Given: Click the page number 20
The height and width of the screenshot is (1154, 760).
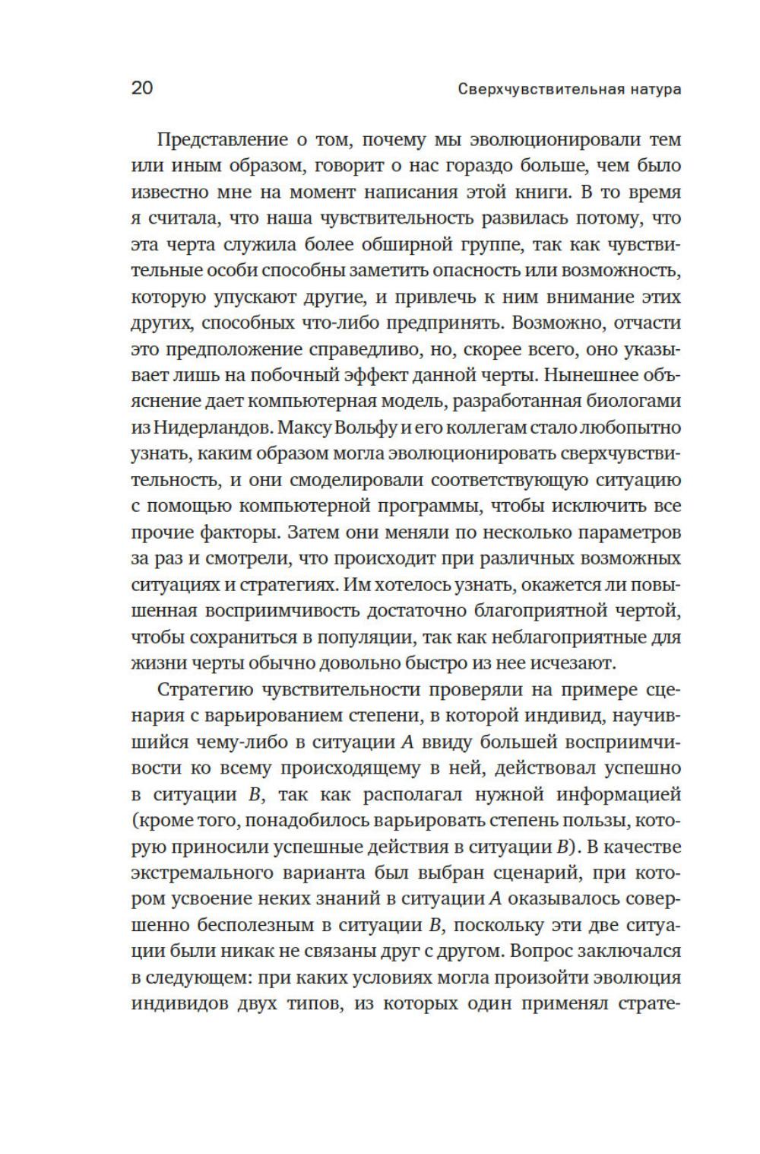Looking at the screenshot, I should [142, 88].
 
